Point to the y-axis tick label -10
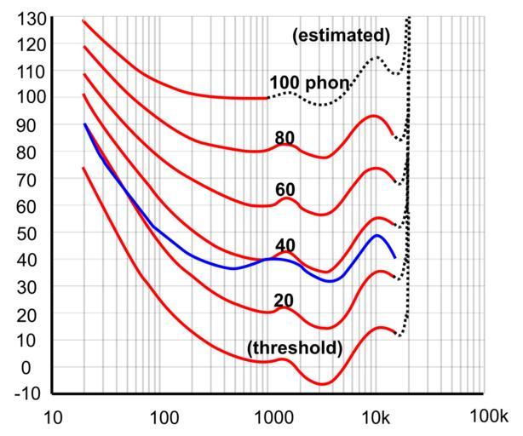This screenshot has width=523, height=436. pos(23,394)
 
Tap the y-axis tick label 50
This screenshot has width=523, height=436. pos(27,232)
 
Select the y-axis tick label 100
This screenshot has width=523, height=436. pos(23,98)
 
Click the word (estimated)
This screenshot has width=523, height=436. pos(341,36)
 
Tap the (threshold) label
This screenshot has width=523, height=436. pos(295,347)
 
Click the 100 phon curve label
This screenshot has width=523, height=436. pos(309,83)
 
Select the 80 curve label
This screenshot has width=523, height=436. pos(284,138)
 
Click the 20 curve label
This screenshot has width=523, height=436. pos(284,300)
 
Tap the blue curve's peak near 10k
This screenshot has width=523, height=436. pos(376,235)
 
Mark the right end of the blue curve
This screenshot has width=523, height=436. pos(395,256)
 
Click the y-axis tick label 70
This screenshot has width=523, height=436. pos(27,179)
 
